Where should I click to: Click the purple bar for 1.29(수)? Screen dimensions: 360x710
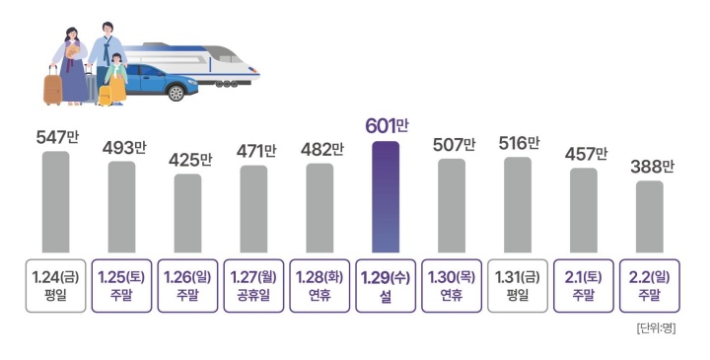coord(386,196)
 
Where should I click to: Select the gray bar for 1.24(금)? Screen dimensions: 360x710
coord(56,201)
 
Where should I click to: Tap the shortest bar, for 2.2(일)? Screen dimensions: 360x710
coord(649,216)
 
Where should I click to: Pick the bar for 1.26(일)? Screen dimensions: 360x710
coord(187,213)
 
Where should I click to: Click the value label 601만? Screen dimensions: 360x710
coord(386,125)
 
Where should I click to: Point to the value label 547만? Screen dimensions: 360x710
coord(56,136)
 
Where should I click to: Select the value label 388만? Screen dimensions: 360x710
coord(650,166)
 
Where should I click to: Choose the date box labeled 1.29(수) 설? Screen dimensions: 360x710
coord(386,286)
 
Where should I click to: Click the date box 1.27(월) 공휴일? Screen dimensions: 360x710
coord(253,286)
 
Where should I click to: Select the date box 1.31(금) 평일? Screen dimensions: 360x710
coord(518,286)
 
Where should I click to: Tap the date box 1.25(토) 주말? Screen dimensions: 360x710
coord(121,286)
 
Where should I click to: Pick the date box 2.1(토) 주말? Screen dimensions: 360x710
coord(584,286)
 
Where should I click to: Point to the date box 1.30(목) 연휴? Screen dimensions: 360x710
coord(452,286)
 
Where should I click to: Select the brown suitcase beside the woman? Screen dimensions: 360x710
coord(52,86)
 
